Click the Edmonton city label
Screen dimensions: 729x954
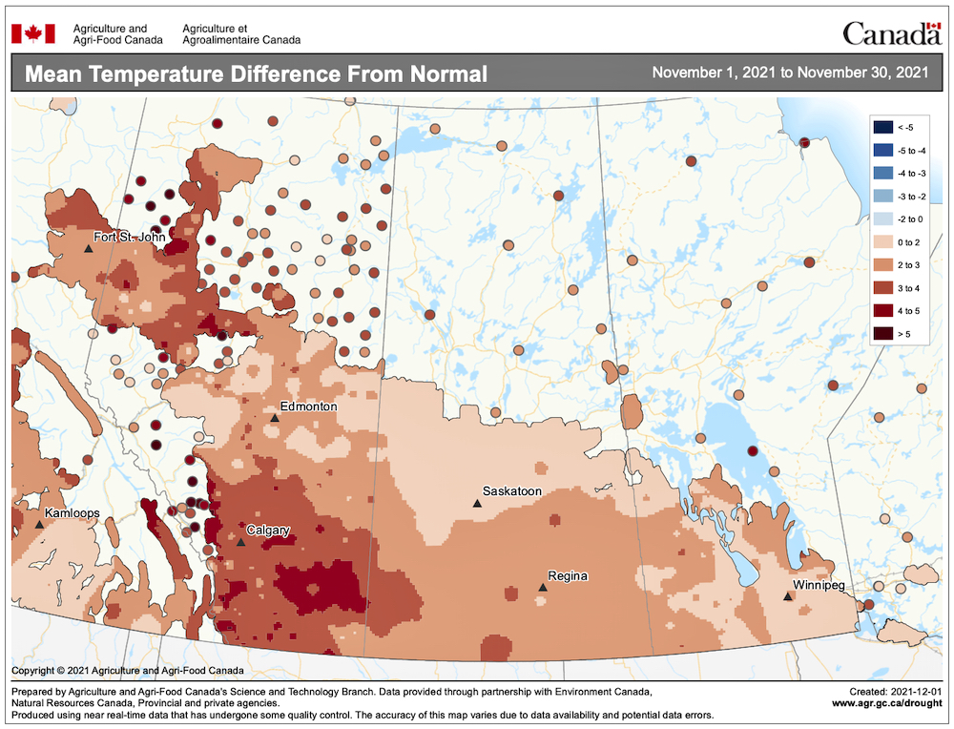coord(308,406)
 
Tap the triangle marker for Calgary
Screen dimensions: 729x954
coord(241,542)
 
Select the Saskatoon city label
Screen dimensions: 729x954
coord(511,491)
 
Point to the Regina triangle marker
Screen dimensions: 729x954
coord(542,588)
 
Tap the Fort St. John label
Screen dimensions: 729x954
coord(129,237)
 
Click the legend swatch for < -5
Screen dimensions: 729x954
coord(885,127)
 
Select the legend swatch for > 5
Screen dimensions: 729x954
coord(885,333)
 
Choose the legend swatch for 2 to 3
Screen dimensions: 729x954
coord(885,264)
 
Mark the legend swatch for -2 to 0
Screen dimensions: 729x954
coord(885,219)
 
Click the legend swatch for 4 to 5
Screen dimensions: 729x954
coord(885,310)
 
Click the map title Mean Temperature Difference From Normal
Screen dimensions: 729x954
coord(255,74)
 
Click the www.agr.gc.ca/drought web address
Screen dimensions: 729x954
coord(887,702)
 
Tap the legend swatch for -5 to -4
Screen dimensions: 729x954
coord(885,150)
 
